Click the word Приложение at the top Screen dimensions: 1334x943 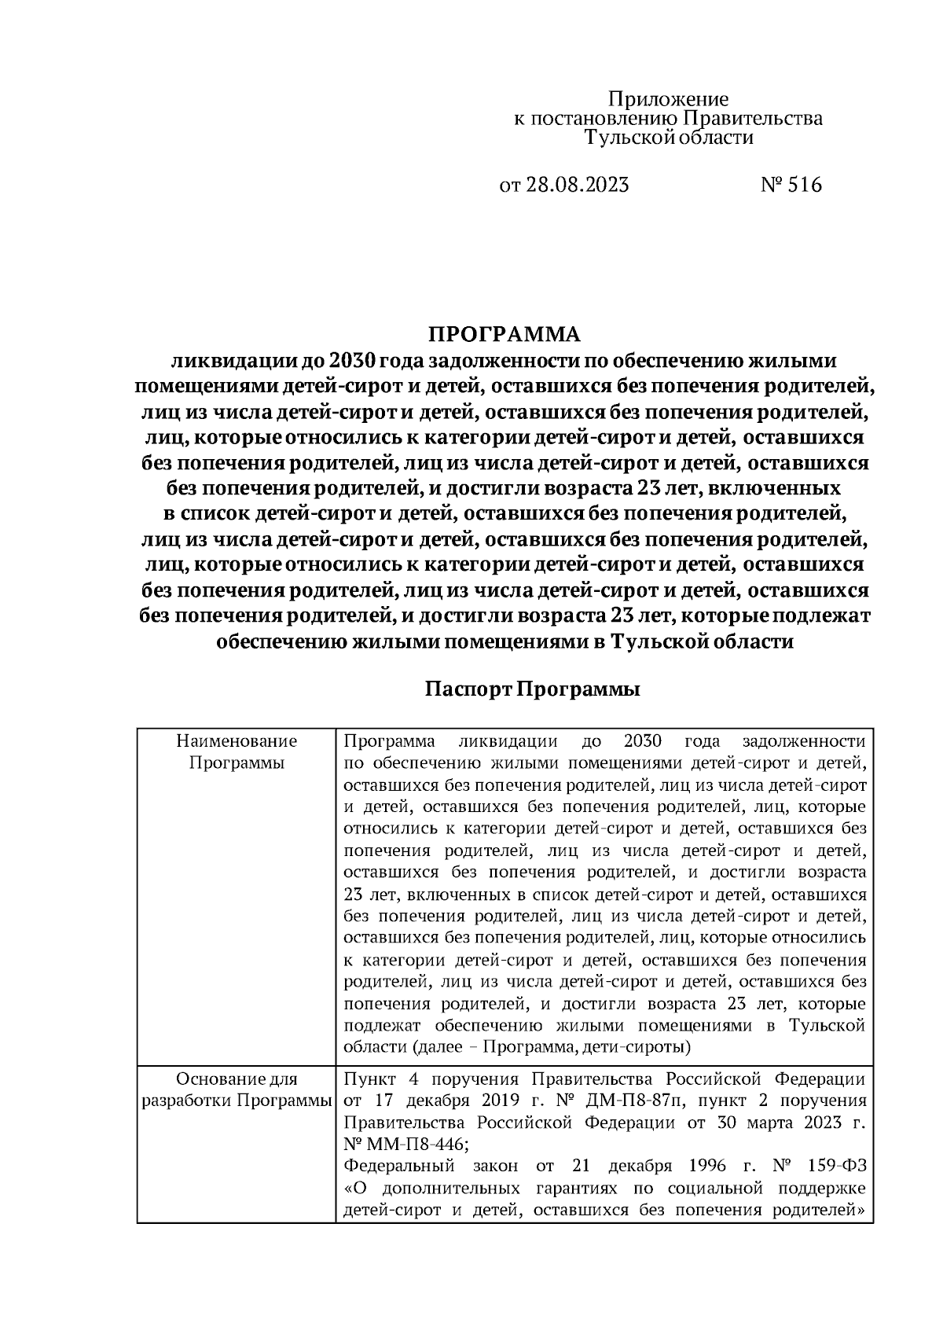pos(669,100)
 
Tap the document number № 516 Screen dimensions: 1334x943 pos(791,186)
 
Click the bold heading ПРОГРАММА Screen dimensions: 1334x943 pos(504,334)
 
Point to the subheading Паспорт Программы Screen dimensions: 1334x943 pos(533,689)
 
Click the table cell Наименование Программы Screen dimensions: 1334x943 pos(237,752)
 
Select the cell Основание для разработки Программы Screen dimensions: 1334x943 pos(237,1090)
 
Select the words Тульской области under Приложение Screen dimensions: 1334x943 pos(669,138)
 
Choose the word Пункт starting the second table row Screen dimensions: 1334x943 pos(369,1078)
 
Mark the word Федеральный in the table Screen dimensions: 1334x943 pos(402,1166)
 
